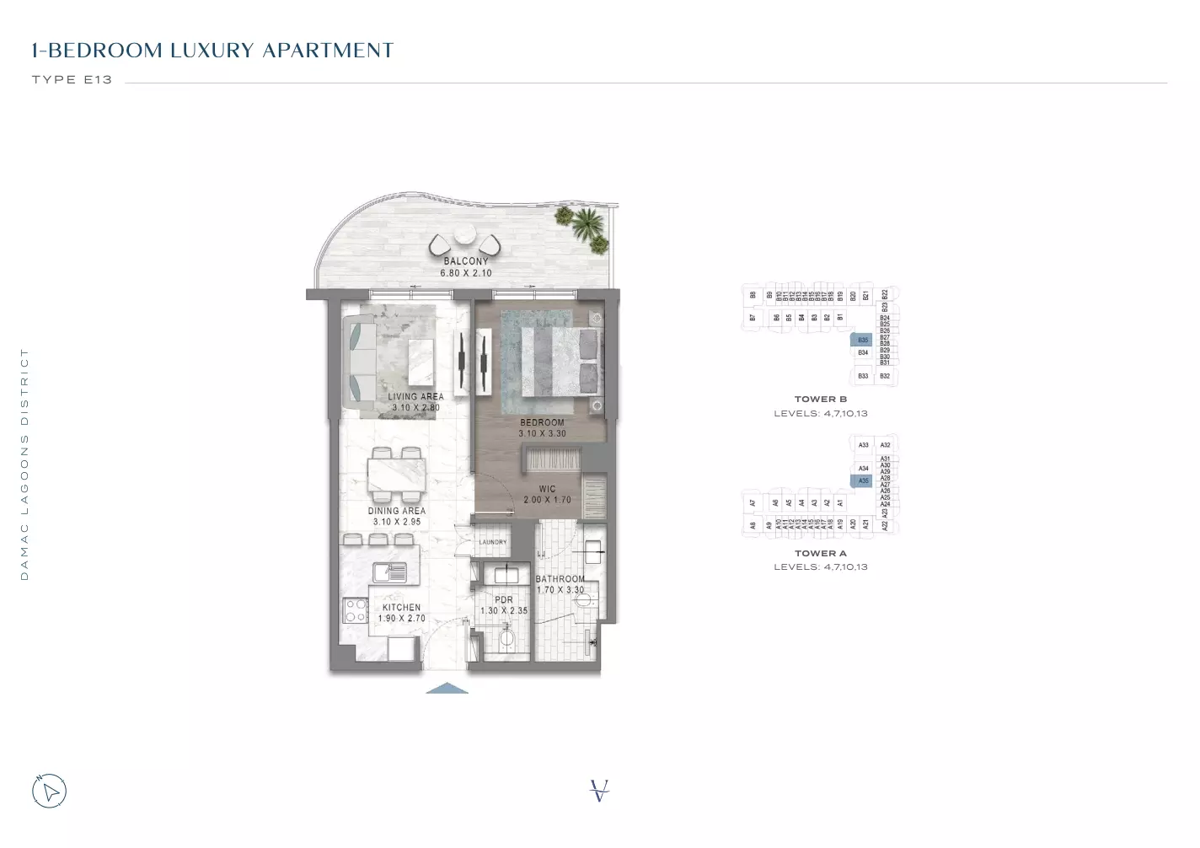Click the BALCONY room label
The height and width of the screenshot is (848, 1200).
(466, 261)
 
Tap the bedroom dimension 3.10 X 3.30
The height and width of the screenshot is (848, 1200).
(542, 434)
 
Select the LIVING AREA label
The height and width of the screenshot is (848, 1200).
(415, 396)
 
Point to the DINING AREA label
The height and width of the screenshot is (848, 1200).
(396, 511)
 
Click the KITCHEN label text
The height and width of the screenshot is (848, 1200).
(401, 607)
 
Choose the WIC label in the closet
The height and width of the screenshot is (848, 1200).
(547, 489)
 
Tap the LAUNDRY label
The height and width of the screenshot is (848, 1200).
(493, 542)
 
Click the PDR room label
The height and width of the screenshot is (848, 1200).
(504, 600)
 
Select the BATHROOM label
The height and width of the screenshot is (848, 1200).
(560, 579)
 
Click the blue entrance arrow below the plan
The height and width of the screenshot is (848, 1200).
(447, 688)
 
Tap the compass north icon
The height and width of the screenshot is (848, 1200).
(49, 791)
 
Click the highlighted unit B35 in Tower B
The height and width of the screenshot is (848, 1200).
(862, 341)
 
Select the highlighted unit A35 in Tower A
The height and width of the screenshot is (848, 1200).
(862, 481)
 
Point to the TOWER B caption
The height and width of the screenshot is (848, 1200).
(820, 400)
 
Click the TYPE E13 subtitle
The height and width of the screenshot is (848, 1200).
(72, 80)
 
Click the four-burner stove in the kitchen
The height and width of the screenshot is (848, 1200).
(356, 610)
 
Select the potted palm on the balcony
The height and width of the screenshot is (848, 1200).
(586, 224)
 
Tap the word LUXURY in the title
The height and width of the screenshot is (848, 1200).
(212, 51)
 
